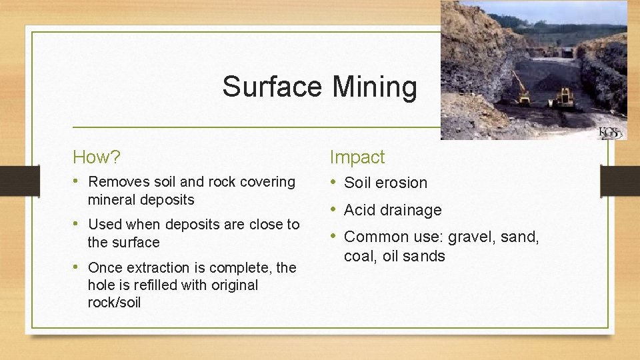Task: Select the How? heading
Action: pos(97,157)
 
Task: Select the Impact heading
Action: pos(357,157)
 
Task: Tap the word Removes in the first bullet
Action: pos(113,181)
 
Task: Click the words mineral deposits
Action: pos(141,199)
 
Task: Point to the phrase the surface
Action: pos(123,242)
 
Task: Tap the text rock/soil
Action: pos(114,302)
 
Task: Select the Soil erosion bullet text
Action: pos(385,183)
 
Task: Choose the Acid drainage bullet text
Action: pos(393,210)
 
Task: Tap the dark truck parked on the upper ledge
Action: pos(567,52)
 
